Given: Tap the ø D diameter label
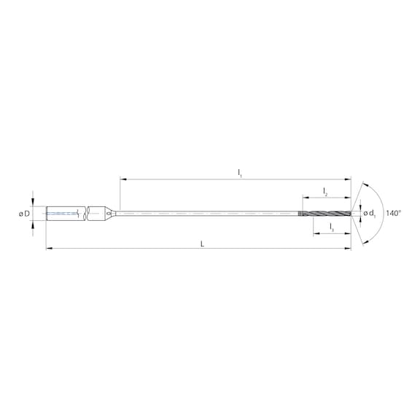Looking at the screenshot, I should coord(25,214).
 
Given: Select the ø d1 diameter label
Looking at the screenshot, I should coord(370,214).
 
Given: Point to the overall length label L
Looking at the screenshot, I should coord(202,244).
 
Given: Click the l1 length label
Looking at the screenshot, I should coord(240,172).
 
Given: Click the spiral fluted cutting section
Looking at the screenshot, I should coord(328,214).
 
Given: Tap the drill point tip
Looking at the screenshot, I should coord(351,214).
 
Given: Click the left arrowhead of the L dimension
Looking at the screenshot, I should coord(49,249).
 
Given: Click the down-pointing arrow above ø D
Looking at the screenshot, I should coord(32,203).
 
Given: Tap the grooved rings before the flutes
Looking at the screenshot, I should coord(300,214).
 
